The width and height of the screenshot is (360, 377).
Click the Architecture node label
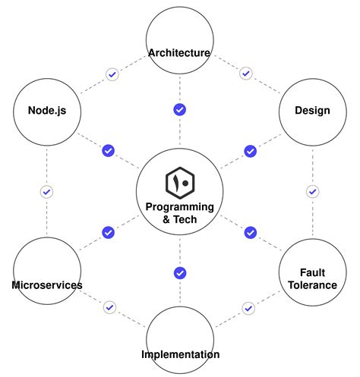[179, 52]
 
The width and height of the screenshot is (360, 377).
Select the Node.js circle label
[46, 111]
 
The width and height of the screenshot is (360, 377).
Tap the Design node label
[312, 111]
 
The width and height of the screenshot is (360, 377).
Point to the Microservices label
[47, 285]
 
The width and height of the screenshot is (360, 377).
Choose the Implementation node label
[180, 354]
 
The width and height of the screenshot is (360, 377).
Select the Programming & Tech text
[179, 213]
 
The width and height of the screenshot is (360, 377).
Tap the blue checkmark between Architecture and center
[179, 109]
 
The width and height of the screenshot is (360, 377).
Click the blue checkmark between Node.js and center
[108, 150]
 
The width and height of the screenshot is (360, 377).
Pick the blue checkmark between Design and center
[250, 151]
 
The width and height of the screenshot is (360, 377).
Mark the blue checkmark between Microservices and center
[108, 232]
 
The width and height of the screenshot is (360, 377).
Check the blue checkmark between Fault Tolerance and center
[250, 232]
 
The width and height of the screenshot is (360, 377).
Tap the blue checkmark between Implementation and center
[179, 273]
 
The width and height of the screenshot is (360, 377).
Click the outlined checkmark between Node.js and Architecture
[112, 74]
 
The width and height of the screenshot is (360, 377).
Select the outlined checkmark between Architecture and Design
[245, 74]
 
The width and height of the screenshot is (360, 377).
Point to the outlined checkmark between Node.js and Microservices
[46, 192]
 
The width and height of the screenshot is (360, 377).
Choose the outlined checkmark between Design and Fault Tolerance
[312, 191]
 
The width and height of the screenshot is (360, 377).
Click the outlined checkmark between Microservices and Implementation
[110, 307]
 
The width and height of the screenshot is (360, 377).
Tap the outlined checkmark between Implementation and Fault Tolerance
[248, 308]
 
